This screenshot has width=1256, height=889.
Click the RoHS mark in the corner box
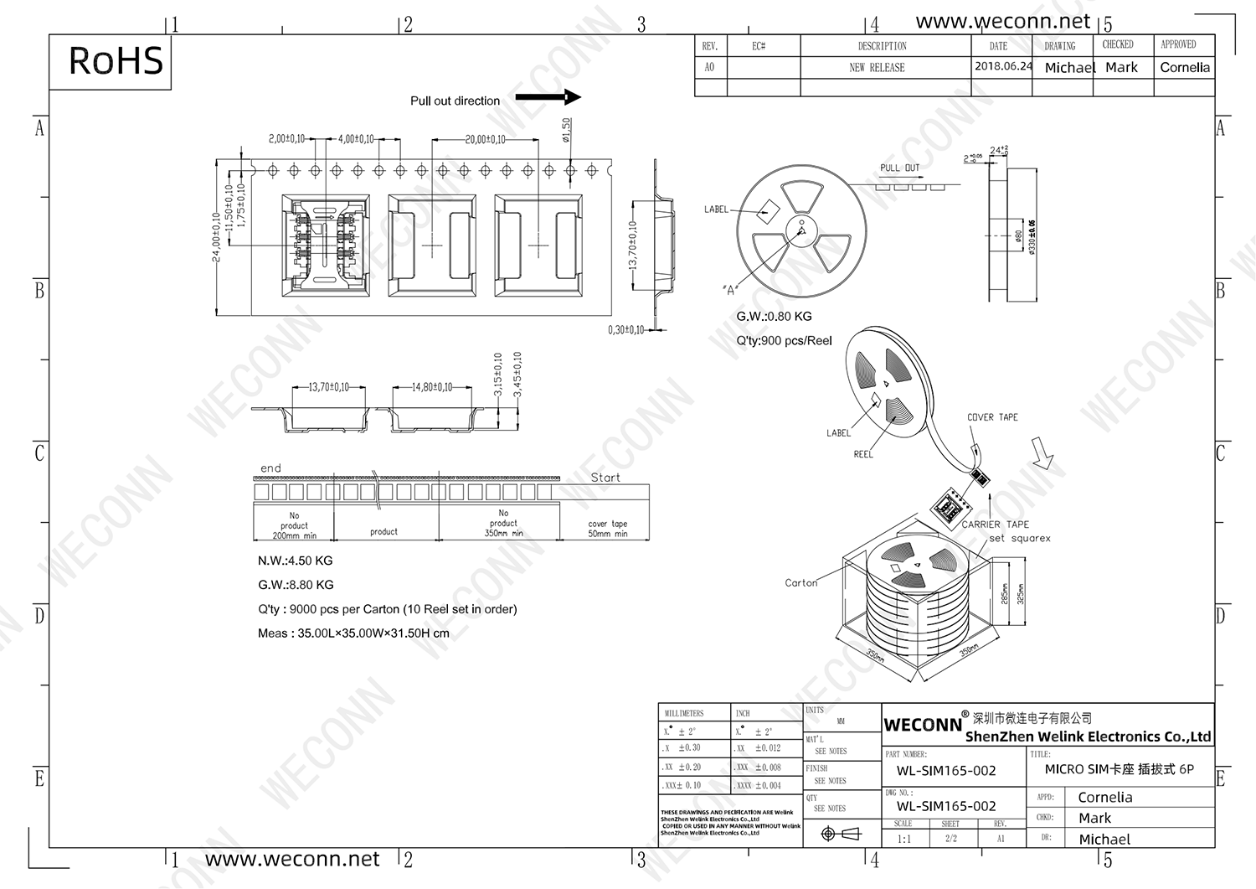[116, 61]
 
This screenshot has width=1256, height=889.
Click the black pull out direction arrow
[548, 97]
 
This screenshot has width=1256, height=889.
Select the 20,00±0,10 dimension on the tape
[485, 139]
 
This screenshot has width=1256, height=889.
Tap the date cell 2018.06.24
[1002, 66]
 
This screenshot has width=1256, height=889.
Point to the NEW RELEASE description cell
[877, 68]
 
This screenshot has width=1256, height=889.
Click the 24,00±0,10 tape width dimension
[216, 237]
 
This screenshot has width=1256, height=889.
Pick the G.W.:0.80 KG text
[774, 317]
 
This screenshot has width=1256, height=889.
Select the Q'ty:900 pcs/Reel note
[784, 341]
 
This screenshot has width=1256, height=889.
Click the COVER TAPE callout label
[992, 417]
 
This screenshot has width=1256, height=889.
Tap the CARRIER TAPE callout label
[995, 525]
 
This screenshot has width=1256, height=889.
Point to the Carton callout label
[800, 583]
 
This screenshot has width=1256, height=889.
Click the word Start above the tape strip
[605, 478]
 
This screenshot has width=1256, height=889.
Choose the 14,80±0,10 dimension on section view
[431, 387]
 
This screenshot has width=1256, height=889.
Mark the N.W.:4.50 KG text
[295, 561]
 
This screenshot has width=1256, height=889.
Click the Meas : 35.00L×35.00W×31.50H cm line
[353, 633]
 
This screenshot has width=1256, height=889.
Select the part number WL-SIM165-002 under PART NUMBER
[946, 771]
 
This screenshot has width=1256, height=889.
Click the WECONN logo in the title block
[923, 725]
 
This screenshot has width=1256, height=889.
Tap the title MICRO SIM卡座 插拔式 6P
[1119, 769]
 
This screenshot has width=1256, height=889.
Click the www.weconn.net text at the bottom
[291, 860]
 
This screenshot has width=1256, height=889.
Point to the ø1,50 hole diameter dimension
[566, 130]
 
